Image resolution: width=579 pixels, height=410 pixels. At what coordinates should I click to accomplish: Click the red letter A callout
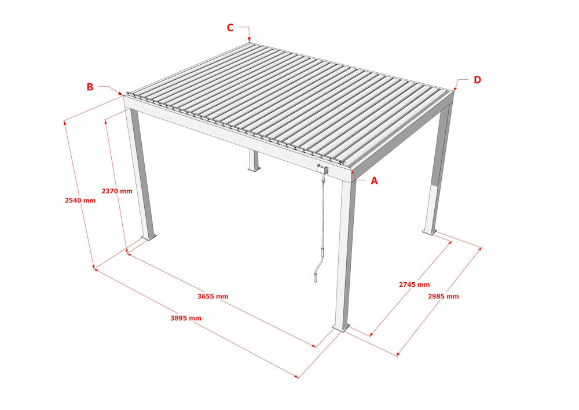click(x=374, y=180)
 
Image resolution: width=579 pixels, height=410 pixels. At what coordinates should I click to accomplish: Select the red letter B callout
click(x=90, y=87)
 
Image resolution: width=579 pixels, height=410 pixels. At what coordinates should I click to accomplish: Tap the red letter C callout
click(x=230, y=27)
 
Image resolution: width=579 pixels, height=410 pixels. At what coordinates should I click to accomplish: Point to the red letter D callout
click(x=477, y=80)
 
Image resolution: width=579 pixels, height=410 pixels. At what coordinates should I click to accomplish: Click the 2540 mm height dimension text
click(x=80, y=201)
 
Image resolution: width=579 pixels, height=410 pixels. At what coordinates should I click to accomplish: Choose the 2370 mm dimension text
click(x=116, y=191)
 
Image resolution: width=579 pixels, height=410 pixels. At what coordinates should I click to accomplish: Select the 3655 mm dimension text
click(x=212, y=296)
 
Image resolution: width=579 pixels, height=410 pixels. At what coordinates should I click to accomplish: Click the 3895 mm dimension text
click(x=186, y=318)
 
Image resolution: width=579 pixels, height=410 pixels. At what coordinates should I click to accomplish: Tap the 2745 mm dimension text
click(x=414, y=284)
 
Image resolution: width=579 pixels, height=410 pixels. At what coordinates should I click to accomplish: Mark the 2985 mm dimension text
click(x=443, y=296)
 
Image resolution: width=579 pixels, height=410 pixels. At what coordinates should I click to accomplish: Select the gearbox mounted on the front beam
click(x=323, y=169)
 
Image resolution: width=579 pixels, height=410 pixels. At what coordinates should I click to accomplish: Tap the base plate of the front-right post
click(x=341, y=328)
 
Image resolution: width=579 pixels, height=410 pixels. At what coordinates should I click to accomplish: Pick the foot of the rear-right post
click(x=429, y=231)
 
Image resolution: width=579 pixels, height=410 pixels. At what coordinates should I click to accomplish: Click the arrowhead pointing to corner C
click(x=249, y=40)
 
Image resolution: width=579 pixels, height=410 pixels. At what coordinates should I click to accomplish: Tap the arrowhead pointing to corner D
click(x=455, y=89)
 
